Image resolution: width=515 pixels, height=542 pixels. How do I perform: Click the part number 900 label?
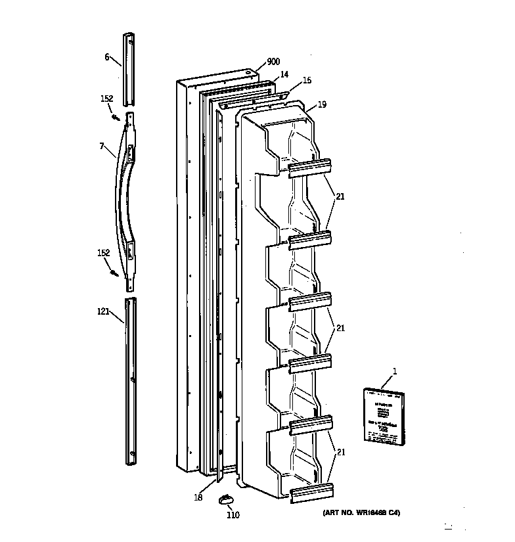pos(273,62)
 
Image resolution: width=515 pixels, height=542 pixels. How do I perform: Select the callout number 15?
pos(307,81)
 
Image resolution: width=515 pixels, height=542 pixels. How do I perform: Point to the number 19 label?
pos(322,104)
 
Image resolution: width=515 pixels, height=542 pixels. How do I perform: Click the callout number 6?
pos(107,57)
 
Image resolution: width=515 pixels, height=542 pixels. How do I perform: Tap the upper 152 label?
pos(106,99)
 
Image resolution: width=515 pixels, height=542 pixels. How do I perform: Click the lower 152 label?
pos(104,253)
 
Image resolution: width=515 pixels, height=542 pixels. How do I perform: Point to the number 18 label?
pos(198,498)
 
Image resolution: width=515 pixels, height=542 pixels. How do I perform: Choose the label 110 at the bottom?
pos(233,515)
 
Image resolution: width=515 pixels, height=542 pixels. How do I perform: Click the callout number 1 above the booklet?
pos(395,373)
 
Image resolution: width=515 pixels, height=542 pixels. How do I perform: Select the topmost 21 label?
pos(340,196)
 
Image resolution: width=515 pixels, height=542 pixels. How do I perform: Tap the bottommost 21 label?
pos(340,452)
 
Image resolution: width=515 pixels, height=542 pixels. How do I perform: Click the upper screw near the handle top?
pos(115,117)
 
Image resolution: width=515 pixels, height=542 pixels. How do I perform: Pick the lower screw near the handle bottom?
pos(116,272)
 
